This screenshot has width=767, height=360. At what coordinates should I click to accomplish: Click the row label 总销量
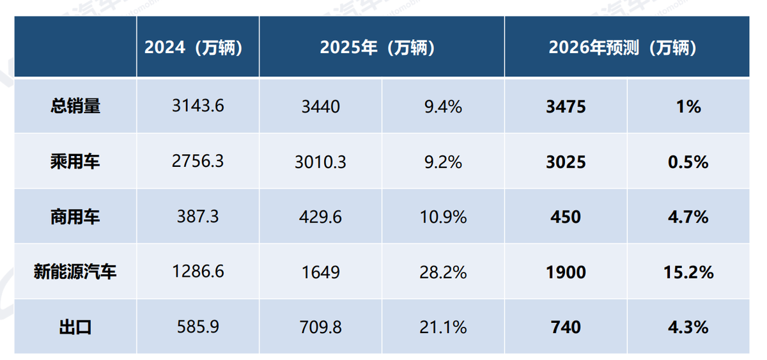75,106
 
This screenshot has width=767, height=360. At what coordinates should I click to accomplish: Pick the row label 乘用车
75,162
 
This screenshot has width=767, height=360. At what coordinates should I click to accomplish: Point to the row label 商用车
75,217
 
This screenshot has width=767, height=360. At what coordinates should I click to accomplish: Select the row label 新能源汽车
75,272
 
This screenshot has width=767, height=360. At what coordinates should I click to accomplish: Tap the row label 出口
75,327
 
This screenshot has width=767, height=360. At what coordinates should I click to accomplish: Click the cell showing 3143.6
198,106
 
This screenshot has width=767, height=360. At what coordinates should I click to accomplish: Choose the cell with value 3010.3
320,162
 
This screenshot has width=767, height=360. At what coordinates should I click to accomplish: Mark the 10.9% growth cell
444,217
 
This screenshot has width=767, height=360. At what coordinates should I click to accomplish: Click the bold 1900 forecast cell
565,272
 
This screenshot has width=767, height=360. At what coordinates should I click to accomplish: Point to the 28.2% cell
444,272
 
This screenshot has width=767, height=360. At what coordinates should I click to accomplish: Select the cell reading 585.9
198,327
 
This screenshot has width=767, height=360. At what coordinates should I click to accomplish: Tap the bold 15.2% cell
688,272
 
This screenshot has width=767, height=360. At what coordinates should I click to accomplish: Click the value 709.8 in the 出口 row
320,327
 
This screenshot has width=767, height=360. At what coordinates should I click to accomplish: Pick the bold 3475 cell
565,106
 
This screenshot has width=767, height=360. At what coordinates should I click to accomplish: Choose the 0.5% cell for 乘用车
688,162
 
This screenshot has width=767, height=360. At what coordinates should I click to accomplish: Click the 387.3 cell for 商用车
198,217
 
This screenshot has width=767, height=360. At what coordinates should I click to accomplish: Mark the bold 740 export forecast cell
565,327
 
